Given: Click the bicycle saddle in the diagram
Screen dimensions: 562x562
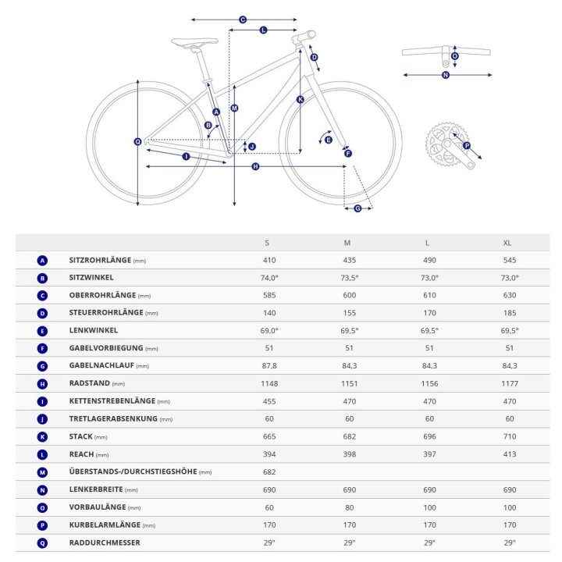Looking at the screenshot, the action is point(194,42).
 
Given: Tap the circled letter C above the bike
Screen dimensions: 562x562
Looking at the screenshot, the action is point(243,20).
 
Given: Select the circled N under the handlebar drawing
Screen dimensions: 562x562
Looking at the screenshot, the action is point(446,75).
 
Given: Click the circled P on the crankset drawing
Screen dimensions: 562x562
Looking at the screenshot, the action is point(467,145).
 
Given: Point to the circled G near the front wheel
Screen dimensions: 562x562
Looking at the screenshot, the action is point(357,208).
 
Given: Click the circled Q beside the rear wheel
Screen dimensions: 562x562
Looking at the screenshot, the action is point(137,142).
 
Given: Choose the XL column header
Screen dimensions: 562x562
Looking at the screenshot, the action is point(507,243).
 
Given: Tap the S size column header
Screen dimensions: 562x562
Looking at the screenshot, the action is point(267,243).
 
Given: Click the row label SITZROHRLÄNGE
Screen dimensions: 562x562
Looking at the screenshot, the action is point(100,260).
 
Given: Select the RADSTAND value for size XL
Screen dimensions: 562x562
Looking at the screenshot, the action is point(510,383).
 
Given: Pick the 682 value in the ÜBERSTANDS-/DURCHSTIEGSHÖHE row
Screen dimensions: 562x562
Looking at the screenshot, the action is point(269,472).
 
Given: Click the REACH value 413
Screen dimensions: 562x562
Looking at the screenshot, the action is point(510,454).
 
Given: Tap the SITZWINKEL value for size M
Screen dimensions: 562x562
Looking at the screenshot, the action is point(350,278).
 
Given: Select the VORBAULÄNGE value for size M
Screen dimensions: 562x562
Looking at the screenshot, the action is point(350,507).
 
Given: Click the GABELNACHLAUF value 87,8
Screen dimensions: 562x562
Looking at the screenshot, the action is point(269,366).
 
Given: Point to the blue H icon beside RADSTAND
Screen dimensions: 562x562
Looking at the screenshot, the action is point(42,384).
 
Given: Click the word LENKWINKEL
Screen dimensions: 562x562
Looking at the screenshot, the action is point(93,330).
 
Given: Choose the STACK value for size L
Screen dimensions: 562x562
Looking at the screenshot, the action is point(429,436).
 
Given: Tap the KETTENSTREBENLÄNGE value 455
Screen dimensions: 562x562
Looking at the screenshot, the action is point(269,401).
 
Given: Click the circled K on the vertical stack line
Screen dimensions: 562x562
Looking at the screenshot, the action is point(301,100).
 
